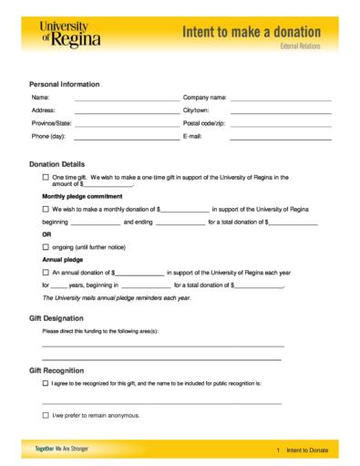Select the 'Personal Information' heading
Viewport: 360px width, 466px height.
click(65, 84)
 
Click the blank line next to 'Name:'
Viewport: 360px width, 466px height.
click(127, 98)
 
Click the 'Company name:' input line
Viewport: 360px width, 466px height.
click(281, 98)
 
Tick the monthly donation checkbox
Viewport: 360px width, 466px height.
click(46, 209)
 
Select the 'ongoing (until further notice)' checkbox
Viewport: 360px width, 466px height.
click(46, 247)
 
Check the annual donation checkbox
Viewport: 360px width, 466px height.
click(46, 273)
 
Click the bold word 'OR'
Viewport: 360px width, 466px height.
click(47, 234)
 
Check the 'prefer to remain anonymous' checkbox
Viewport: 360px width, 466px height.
click(46, 415)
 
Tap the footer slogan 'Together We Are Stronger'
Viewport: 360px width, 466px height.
click(64, 450)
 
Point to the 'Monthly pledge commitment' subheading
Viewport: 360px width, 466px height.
click(81, 196)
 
